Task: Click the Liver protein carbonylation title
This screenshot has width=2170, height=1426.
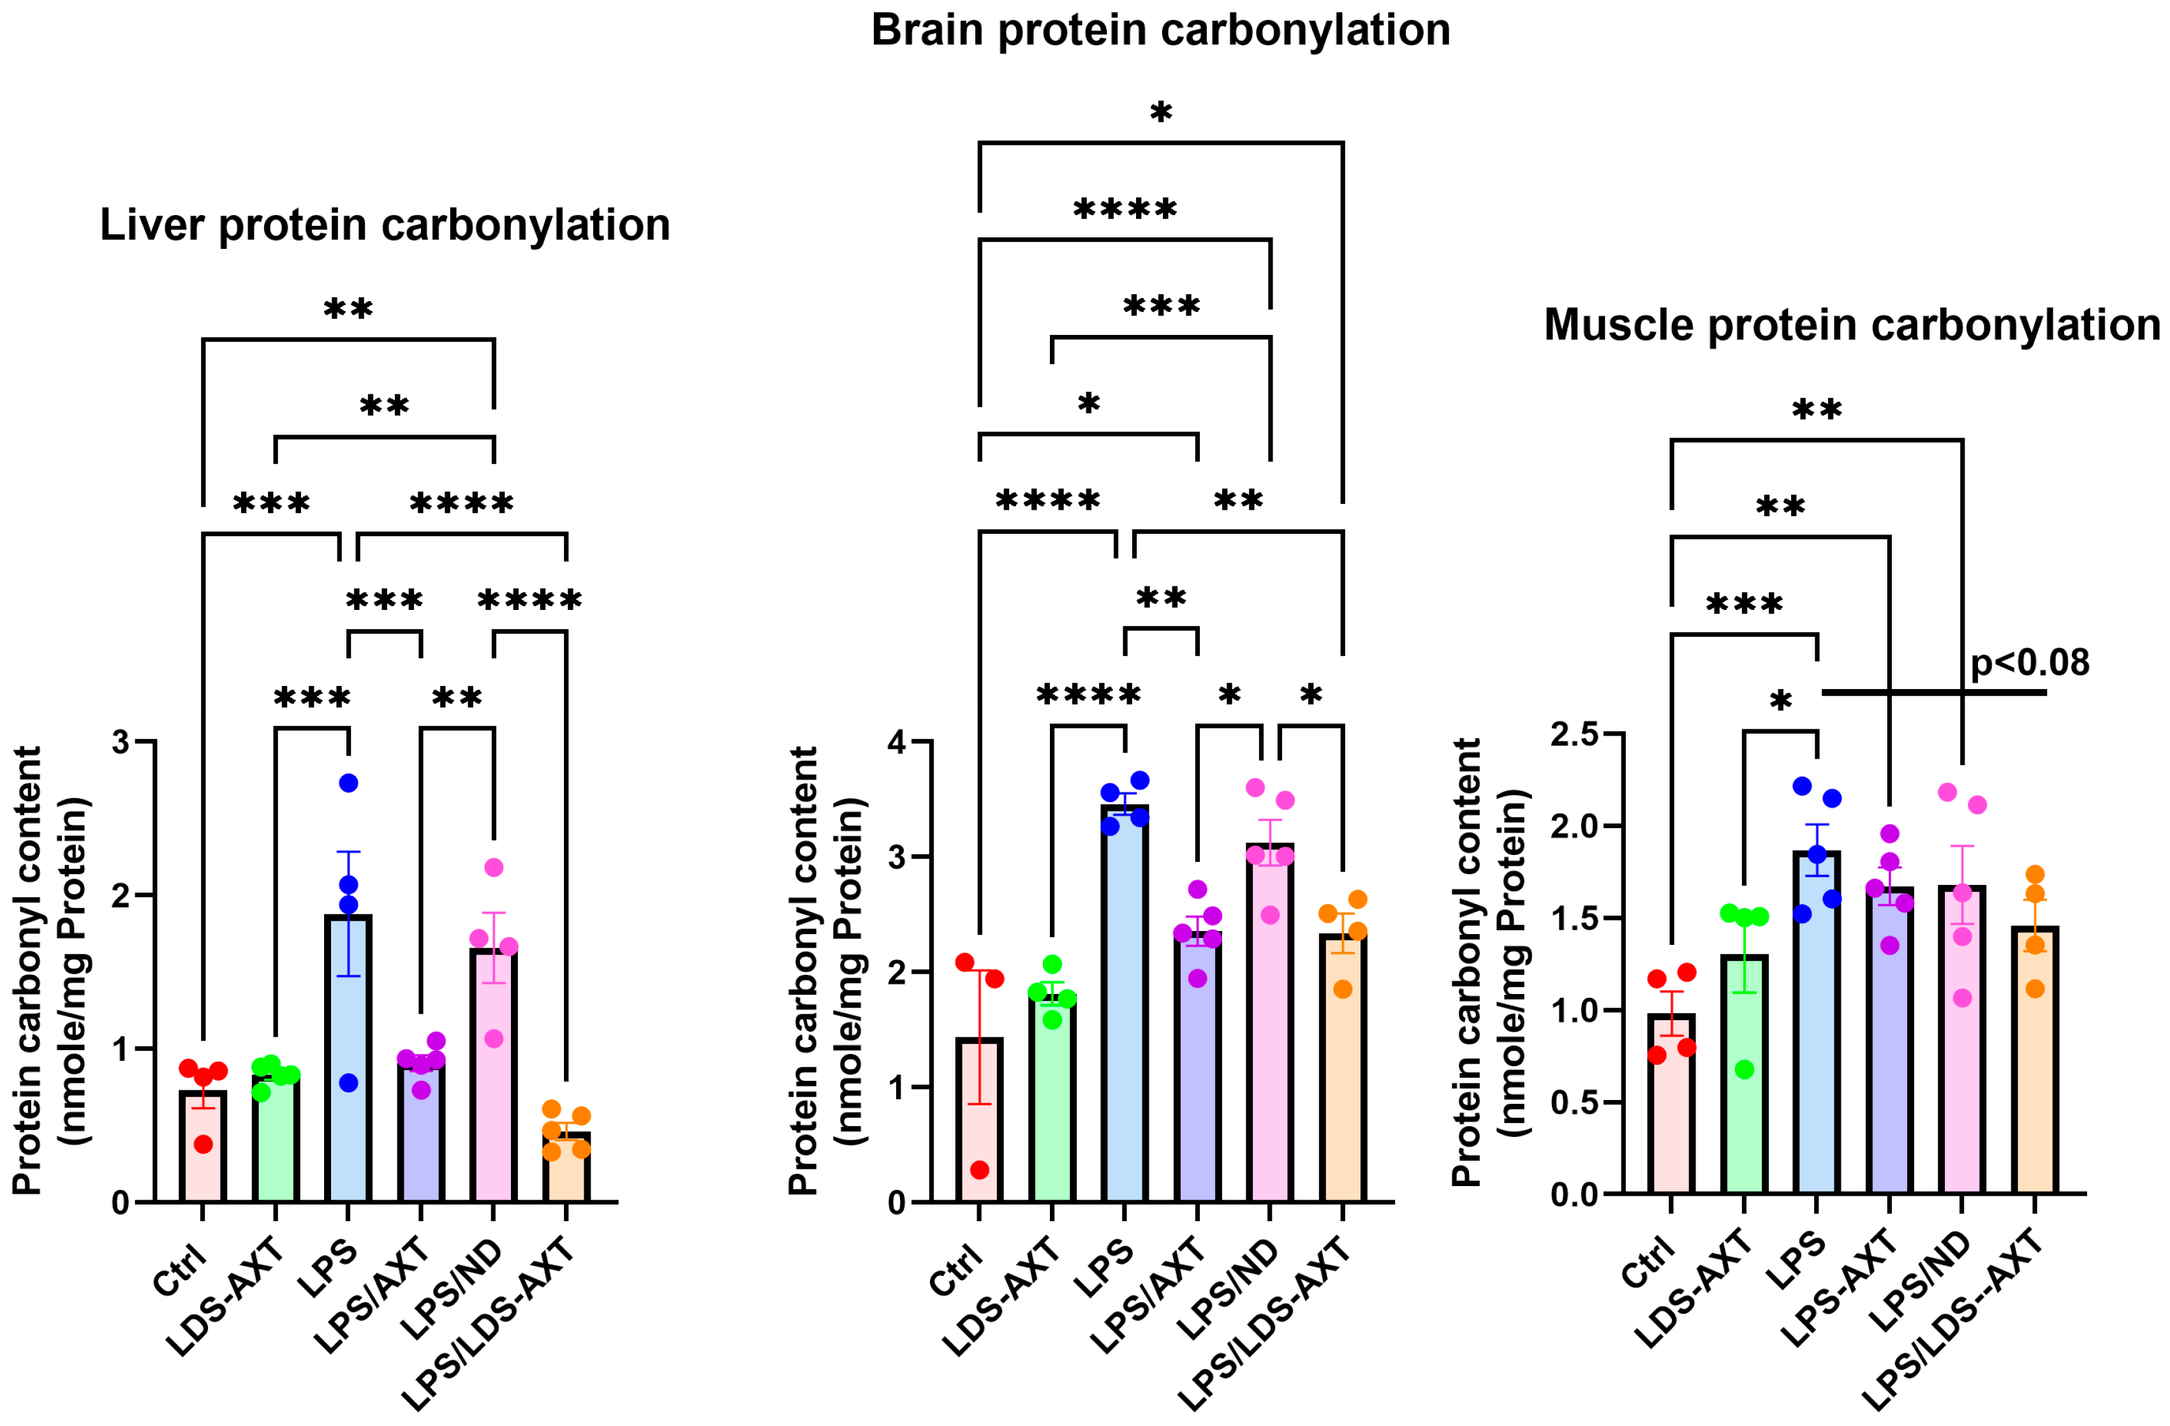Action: click(384, 225)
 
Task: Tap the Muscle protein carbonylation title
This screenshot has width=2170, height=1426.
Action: click(1851, 325)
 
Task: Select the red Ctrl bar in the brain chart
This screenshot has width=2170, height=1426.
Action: click(979, 1131)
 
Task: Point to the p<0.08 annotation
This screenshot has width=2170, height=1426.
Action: click(2030, 663)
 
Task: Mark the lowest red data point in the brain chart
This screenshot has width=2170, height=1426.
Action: click(979, 1170)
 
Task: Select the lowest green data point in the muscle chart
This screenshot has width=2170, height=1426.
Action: click(1744, 1069)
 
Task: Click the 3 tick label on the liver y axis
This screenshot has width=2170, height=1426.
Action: click(121, 742)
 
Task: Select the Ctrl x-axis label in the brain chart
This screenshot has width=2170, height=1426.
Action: click(957, 1267)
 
